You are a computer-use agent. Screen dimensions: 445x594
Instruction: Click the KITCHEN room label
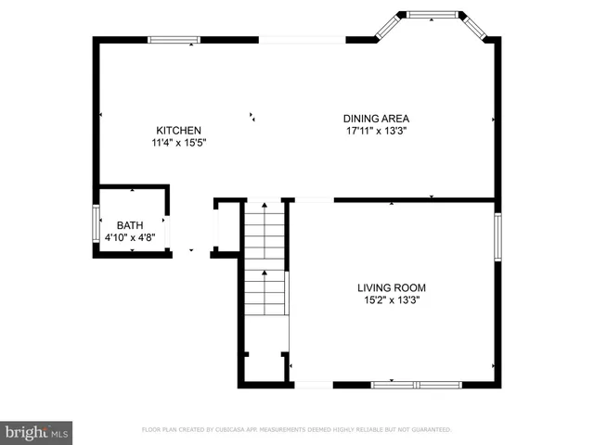click(x=178, y=131)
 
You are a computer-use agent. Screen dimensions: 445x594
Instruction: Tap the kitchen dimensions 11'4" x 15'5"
click(x=178, y=143)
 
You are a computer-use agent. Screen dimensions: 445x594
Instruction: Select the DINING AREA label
click(x=376, y=119)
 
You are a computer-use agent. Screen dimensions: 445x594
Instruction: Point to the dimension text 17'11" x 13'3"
click(x=376, y=131)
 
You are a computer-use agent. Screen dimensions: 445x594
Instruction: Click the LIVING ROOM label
click(x=392, y=287)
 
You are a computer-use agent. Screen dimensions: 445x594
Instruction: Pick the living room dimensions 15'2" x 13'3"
click(x=392, y=299)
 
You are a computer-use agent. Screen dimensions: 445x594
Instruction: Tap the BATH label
click(x=130, y=225)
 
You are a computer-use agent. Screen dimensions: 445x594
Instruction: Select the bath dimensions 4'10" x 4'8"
click(x=130, y=237)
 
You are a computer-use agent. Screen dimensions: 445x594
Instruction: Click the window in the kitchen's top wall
click(x=174, y=40)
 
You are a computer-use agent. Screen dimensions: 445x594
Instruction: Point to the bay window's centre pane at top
click(x=433, y=15)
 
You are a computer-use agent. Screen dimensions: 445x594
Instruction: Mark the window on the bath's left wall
click(x=96, y=224)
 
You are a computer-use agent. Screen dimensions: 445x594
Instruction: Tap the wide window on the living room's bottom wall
click(x=416, y=384)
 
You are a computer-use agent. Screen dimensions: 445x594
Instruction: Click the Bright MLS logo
click(x=37, y=431)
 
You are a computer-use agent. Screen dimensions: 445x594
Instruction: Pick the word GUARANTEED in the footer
click(x=431, y=430)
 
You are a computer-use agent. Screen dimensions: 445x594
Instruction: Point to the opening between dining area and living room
click(x=314, y=199)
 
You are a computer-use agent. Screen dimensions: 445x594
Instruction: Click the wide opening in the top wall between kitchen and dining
click(x=302, y=40)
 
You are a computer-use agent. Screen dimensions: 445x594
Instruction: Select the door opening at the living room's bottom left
click(x=313, y=384)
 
